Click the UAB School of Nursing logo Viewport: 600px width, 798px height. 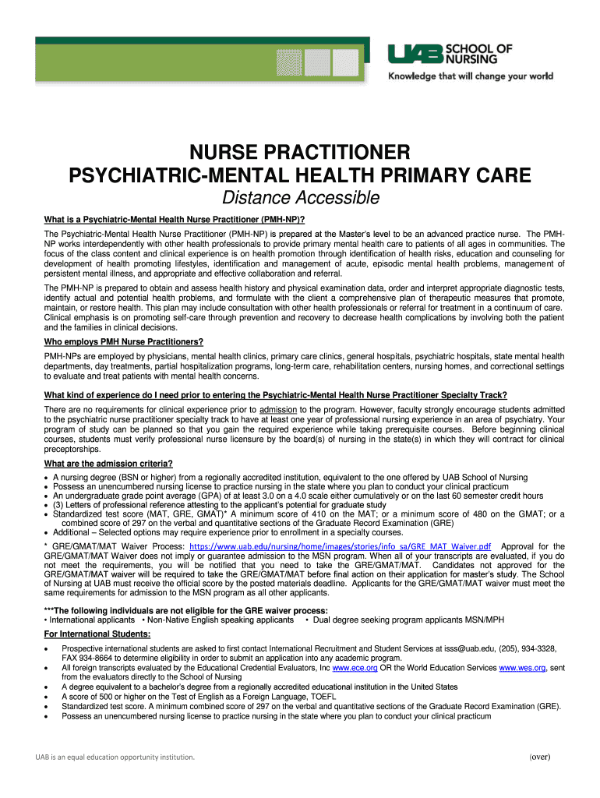click(450, 55)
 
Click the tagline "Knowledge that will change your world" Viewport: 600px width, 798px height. click(471, 76)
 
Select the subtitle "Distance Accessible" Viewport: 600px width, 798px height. click(301, 198)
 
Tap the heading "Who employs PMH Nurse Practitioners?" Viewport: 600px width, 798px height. click(124, 342)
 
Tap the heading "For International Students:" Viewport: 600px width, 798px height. click(97, 634)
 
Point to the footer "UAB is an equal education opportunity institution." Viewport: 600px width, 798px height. click(109, 757)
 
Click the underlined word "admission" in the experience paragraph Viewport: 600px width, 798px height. click(277, 409)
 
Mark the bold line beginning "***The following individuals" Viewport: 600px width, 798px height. click(186, 609)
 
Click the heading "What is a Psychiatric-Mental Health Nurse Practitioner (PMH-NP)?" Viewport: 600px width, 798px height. click(174, 220)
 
